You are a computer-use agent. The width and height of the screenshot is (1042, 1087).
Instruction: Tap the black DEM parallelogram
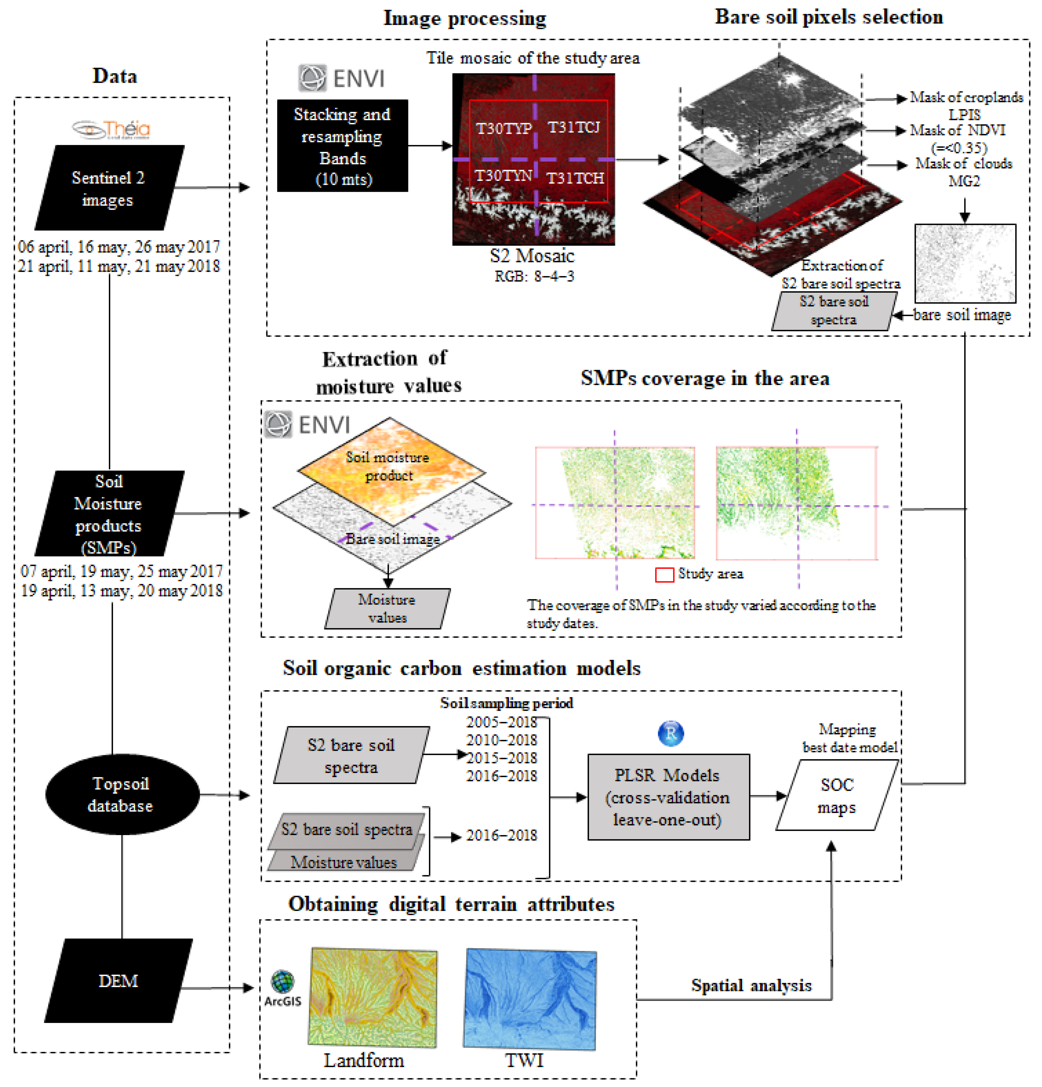point(118,980)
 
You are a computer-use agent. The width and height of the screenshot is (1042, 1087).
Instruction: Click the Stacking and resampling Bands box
point(342,146)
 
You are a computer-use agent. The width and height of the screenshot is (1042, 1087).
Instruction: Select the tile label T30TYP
point(503,128)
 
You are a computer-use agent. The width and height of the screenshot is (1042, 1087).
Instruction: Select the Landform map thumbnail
point(372,997)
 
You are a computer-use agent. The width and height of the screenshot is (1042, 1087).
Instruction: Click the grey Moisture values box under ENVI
point(387,608)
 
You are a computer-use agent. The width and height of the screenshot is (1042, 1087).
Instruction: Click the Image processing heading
point(465,18)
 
